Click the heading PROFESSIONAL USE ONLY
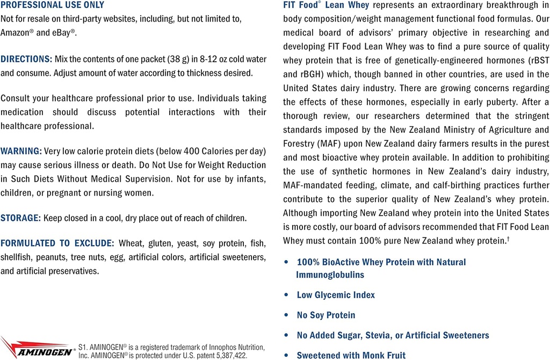pyautogui.click(x=53, y=5)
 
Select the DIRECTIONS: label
pyautogui.click(x=26, y=59)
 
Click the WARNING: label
pyautogui.click(x=21, y=152)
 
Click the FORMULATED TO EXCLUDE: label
pyautogui.click(x=57, y=243)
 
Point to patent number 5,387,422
pyautogui.click(x=227, y=355)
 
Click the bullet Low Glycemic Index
pyautogui.click(x=336, y=295)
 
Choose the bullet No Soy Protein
pyautogui.click(x=326, y=315)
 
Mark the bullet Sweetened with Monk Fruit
pyautogui.click(x=351, y=355)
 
